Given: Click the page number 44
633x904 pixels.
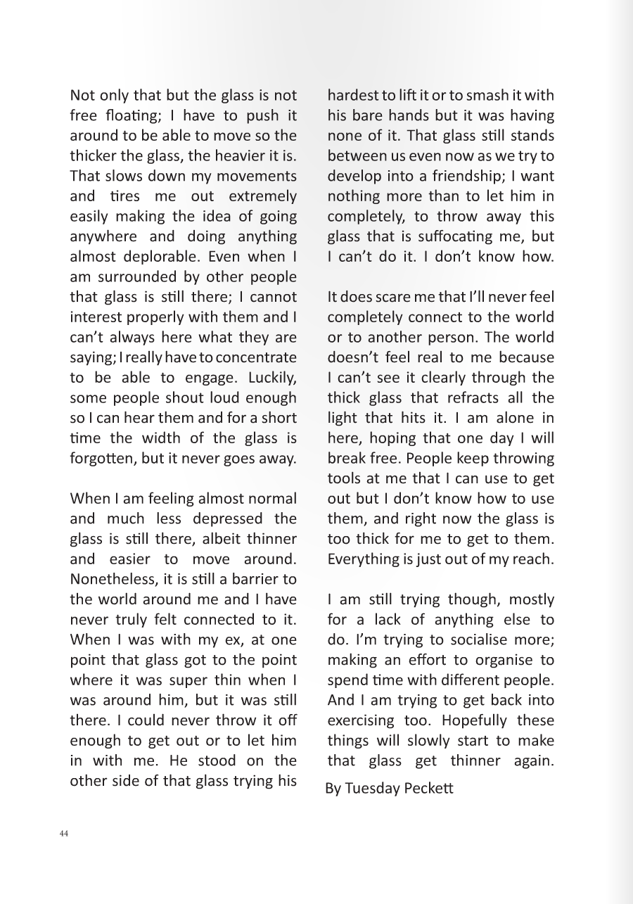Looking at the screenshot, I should point(64,834).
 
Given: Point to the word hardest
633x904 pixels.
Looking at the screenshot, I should point(353,96).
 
